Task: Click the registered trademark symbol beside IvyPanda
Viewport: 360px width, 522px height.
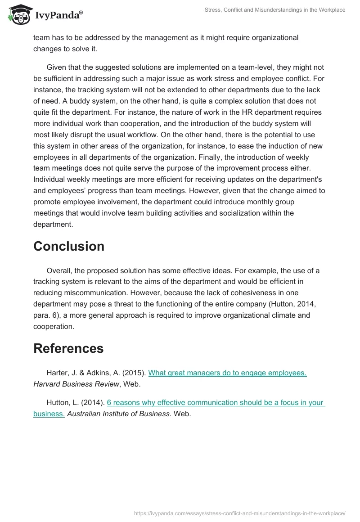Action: click(x=81, y=13)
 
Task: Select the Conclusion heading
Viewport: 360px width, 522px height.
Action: click(x=69, y=246)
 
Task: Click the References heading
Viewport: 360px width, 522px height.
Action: click(x=68, y=348)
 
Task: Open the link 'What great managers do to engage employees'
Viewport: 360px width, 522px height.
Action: click(x=227, y=373)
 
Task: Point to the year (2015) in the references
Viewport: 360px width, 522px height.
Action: click(x=135, y=373)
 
